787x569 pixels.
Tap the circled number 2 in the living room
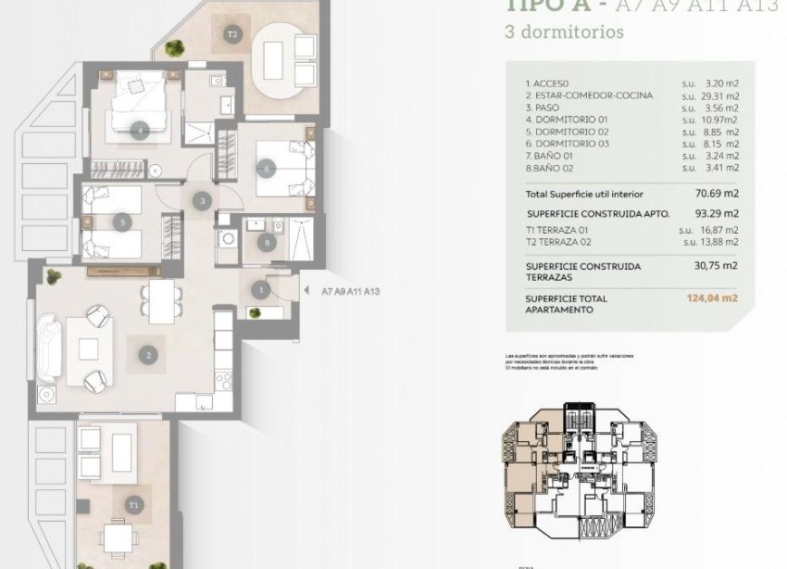[146, 352]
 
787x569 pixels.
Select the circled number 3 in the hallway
[203, 200]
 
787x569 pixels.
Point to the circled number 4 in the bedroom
[140, 131]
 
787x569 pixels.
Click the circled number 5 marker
[122, 221]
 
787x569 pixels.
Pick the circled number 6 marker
[268, 169]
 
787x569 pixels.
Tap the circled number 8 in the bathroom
[268, 244]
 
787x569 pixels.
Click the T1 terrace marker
[134, 505]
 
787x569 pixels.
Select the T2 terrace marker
[232, 35]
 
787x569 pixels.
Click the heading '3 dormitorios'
[564, 32]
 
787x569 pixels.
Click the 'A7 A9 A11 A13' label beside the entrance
[351, 291]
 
